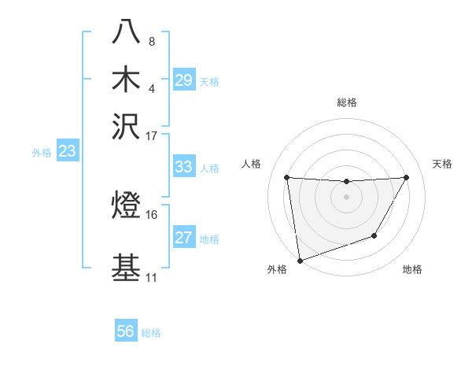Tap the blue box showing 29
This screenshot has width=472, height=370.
(184, 80)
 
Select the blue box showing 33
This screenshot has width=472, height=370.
(184, 167)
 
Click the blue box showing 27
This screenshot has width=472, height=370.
(184, 238)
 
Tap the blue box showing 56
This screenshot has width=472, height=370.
(126, 331)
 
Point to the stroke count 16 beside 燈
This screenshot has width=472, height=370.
(152, 214)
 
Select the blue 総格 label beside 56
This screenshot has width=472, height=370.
(152, 333)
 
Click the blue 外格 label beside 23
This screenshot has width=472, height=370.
(42, 154)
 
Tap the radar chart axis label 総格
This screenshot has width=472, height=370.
(347, 102)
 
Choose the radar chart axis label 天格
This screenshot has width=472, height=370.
(443, 164)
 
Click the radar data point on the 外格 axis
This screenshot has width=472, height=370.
(300, 261)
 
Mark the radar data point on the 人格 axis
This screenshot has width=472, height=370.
(287, 177)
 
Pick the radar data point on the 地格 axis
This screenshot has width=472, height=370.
(375, 235)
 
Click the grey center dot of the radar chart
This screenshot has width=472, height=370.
(347, 197)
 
